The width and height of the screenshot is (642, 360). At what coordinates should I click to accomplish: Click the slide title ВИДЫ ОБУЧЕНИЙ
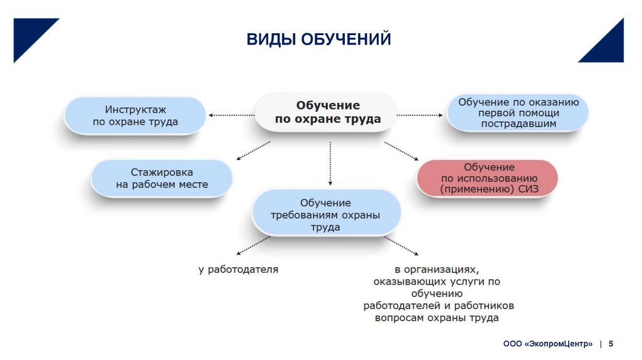[318, 40]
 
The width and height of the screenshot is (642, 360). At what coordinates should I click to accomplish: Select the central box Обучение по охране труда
[327, 112]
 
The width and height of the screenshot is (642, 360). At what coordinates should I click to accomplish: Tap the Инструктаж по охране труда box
[135, 115]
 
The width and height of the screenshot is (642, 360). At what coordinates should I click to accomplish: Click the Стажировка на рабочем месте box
[162, 178]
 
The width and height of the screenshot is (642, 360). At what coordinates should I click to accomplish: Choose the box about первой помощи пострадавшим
[518, 113]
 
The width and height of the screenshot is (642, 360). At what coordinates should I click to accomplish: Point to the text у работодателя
[238, 270]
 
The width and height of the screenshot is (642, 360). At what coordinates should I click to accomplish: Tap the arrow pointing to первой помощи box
[419, 115]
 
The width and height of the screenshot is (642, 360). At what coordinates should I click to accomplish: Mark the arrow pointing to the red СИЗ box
[402, 152]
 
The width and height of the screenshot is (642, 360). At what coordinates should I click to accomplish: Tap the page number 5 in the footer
[611, 344]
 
